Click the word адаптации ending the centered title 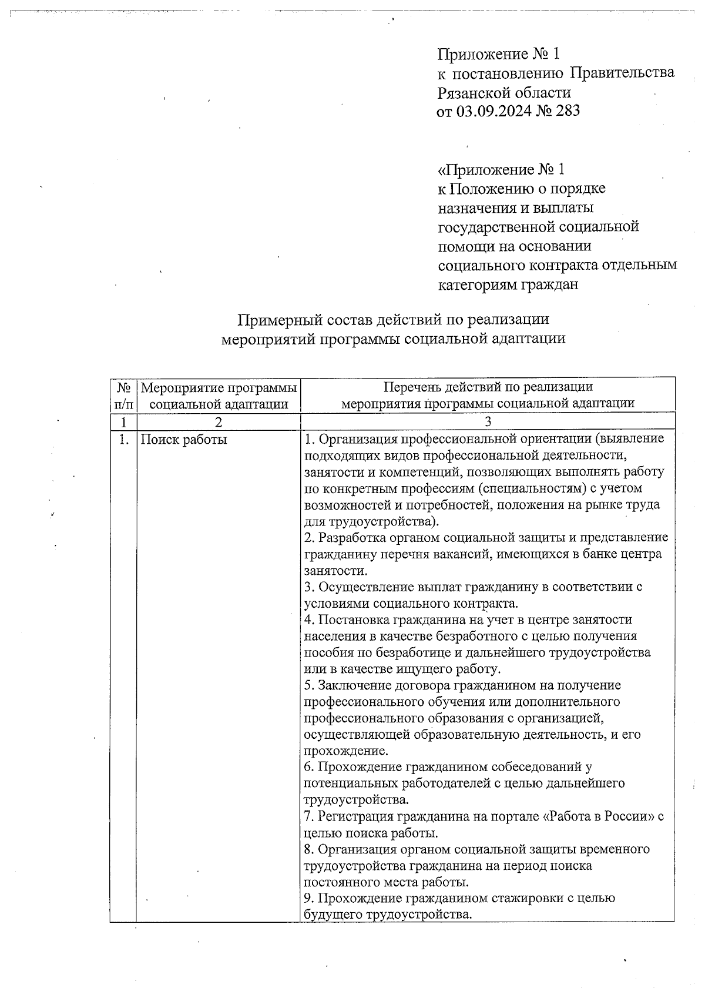[531, 339]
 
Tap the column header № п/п [123, 395]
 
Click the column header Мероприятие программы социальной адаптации [219, 395]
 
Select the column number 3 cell [488, 421]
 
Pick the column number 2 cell [219, 421]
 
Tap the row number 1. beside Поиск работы [123, 439]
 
